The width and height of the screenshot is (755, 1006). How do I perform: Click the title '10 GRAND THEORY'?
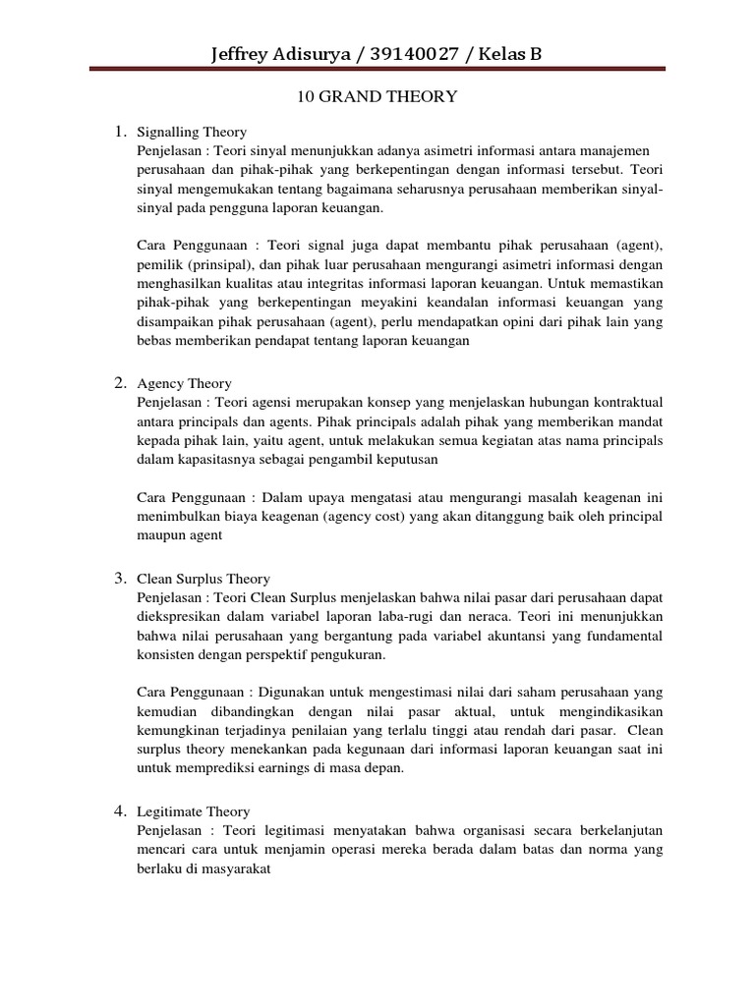coord(377,97)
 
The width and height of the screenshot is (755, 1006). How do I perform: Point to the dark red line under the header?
coord(377,69)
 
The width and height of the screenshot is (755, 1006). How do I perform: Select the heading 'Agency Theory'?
coord(184,383)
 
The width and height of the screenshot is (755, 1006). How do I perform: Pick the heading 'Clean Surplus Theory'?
coord(203,579)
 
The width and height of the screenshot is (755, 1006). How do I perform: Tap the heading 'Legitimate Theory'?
coord(194,811)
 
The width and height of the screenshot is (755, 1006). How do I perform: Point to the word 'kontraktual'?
coord(626,401)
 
